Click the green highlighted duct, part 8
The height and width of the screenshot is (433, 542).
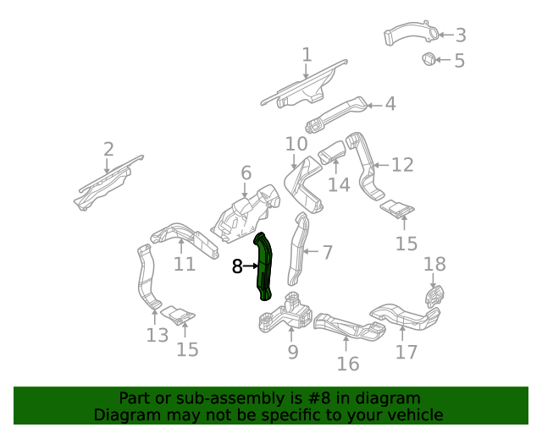[263, 266]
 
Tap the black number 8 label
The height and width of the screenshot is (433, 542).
[237, 267]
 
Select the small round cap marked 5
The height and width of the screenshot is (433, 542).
[429, 59]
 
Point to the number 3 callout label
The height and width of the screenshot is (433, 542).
[461, 36]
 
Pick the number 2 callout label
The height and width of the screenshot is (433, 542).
[108, 150]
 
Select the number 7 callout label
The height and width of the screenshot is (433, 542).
[328, 252]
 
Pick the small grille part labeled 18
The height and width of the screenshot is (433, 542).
[434, 296]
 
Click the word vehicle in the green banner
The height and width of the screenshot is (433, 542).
[412, 414]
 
